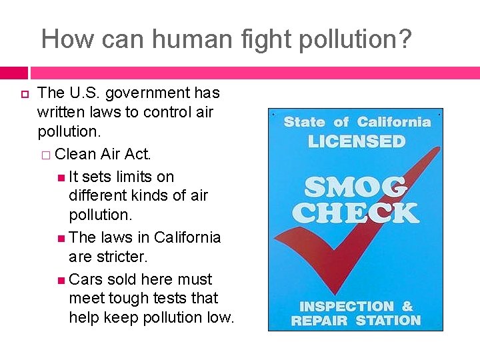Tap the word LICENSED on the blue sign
click(357, 141)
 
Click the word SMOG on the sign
click(355, 187)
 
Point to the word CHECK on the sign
click(355, 213)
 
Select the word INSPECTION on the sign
click(347, 307)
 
